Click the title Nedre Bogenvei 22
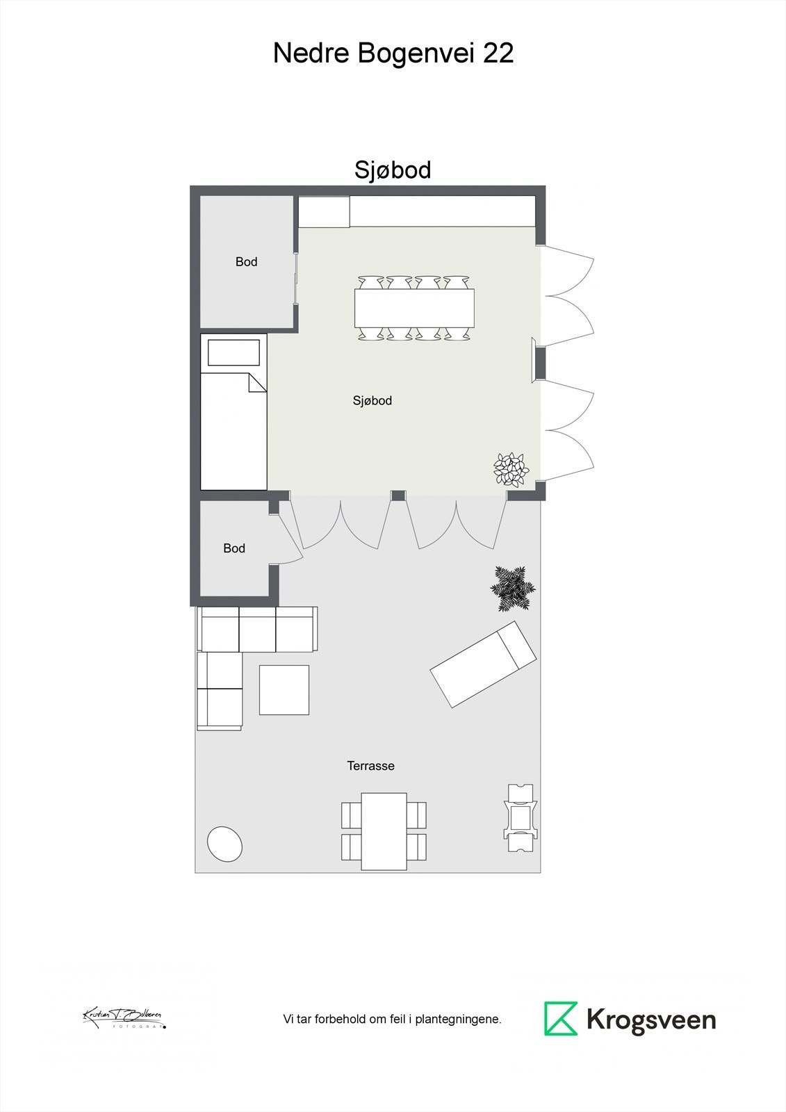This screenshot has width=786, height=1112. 393,54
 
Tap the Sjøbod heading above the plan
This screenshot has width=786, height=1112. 393,170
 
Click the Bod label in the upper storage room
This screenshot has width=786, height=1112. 246,262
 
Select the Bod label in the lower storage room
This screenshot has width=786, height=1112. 234,548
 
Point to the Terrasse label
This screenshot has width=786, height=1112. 370,766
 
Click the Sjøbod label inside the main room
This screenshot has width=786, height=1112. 372,401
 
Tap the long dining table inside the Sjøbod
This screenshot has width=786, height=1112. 414,308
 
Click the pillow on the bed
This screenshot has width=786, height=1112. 234,352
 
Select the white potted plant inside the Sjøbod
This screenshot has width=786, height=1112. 511,470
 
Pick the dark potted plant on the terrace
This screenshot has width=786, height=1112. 513,589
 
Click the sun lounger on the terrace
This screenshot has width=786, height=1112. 483,664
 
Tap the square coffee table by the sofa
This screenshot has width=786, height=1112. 284,689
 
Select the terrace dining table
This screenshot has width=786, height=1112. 384,831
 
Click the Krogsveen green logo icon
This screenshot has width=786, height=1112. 561,1019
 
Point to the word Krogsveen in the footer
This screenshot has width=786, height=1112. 651,1020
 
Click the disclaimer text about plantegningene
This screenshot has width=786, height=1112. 392,1020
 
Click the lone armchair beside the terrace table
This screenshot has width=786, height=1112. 521,818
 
